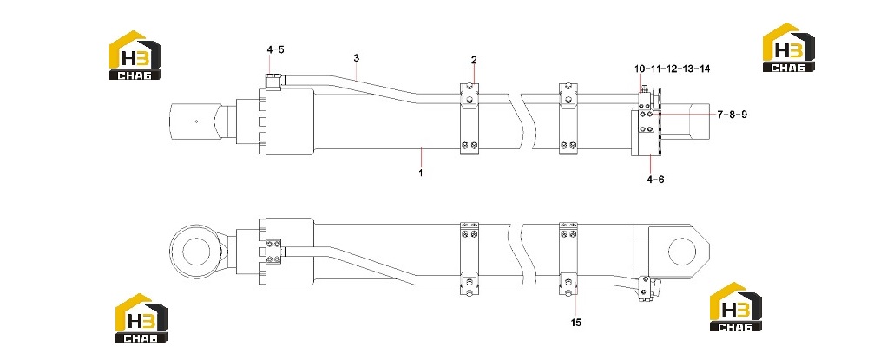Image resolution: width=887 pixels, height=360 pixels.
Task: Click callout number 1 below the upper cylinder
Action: pyautogui.click(x=421, y=173)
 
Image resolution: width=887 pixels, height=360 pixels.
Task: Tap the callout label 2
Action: pyautogui.click(x=474, y=60)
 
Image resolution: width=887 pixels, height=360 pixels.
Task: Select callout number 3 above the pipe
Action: pyautogui.click(x=357, y=58)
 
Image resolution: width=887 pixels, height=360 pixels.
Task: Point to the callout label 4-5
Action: pyautogui.click(x=275, y=49)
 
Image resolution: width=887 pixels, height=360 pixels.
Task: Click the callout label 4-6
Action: pyautogui.click(x=655, y=180)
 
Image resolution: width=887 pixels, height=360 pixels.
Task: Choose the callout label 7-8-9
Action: pyautogui.click(x=732, y=115)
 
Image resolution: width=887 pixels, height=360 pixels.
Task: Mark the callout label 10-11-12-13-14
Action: pyautogui.click(x=672, y=69)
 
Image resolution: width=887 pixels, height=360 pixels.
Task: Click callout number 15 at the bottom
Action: pyautogui.click(x=576, y=323)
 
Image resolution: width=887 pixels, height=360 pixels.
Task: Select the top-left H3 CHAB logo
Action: pyautogui.click(x=135, y=55)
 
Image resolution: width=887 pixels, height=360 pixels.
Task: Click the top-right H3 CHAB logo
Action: pyautogui.click(x=789, y=48)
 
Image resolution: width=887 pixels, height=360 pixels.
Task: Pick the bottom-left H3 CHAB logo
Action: pyautogui.click(x=141, y=318)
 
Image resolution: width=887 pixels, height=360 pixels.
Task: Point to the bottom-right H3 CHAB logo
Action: pyautogui.click(x=736, y=306)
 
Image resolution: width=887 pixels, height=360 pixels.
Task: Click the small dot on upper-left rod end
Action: pyautogui.click(x=196, y=121)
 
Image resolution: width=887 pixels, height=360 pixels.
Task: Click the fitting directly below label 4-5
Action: pyautogui.click(x=273, y=81)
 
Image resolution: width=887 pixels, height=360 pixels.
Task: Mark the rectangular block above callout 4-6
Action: pyautogui.click(x=646, y=132)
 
